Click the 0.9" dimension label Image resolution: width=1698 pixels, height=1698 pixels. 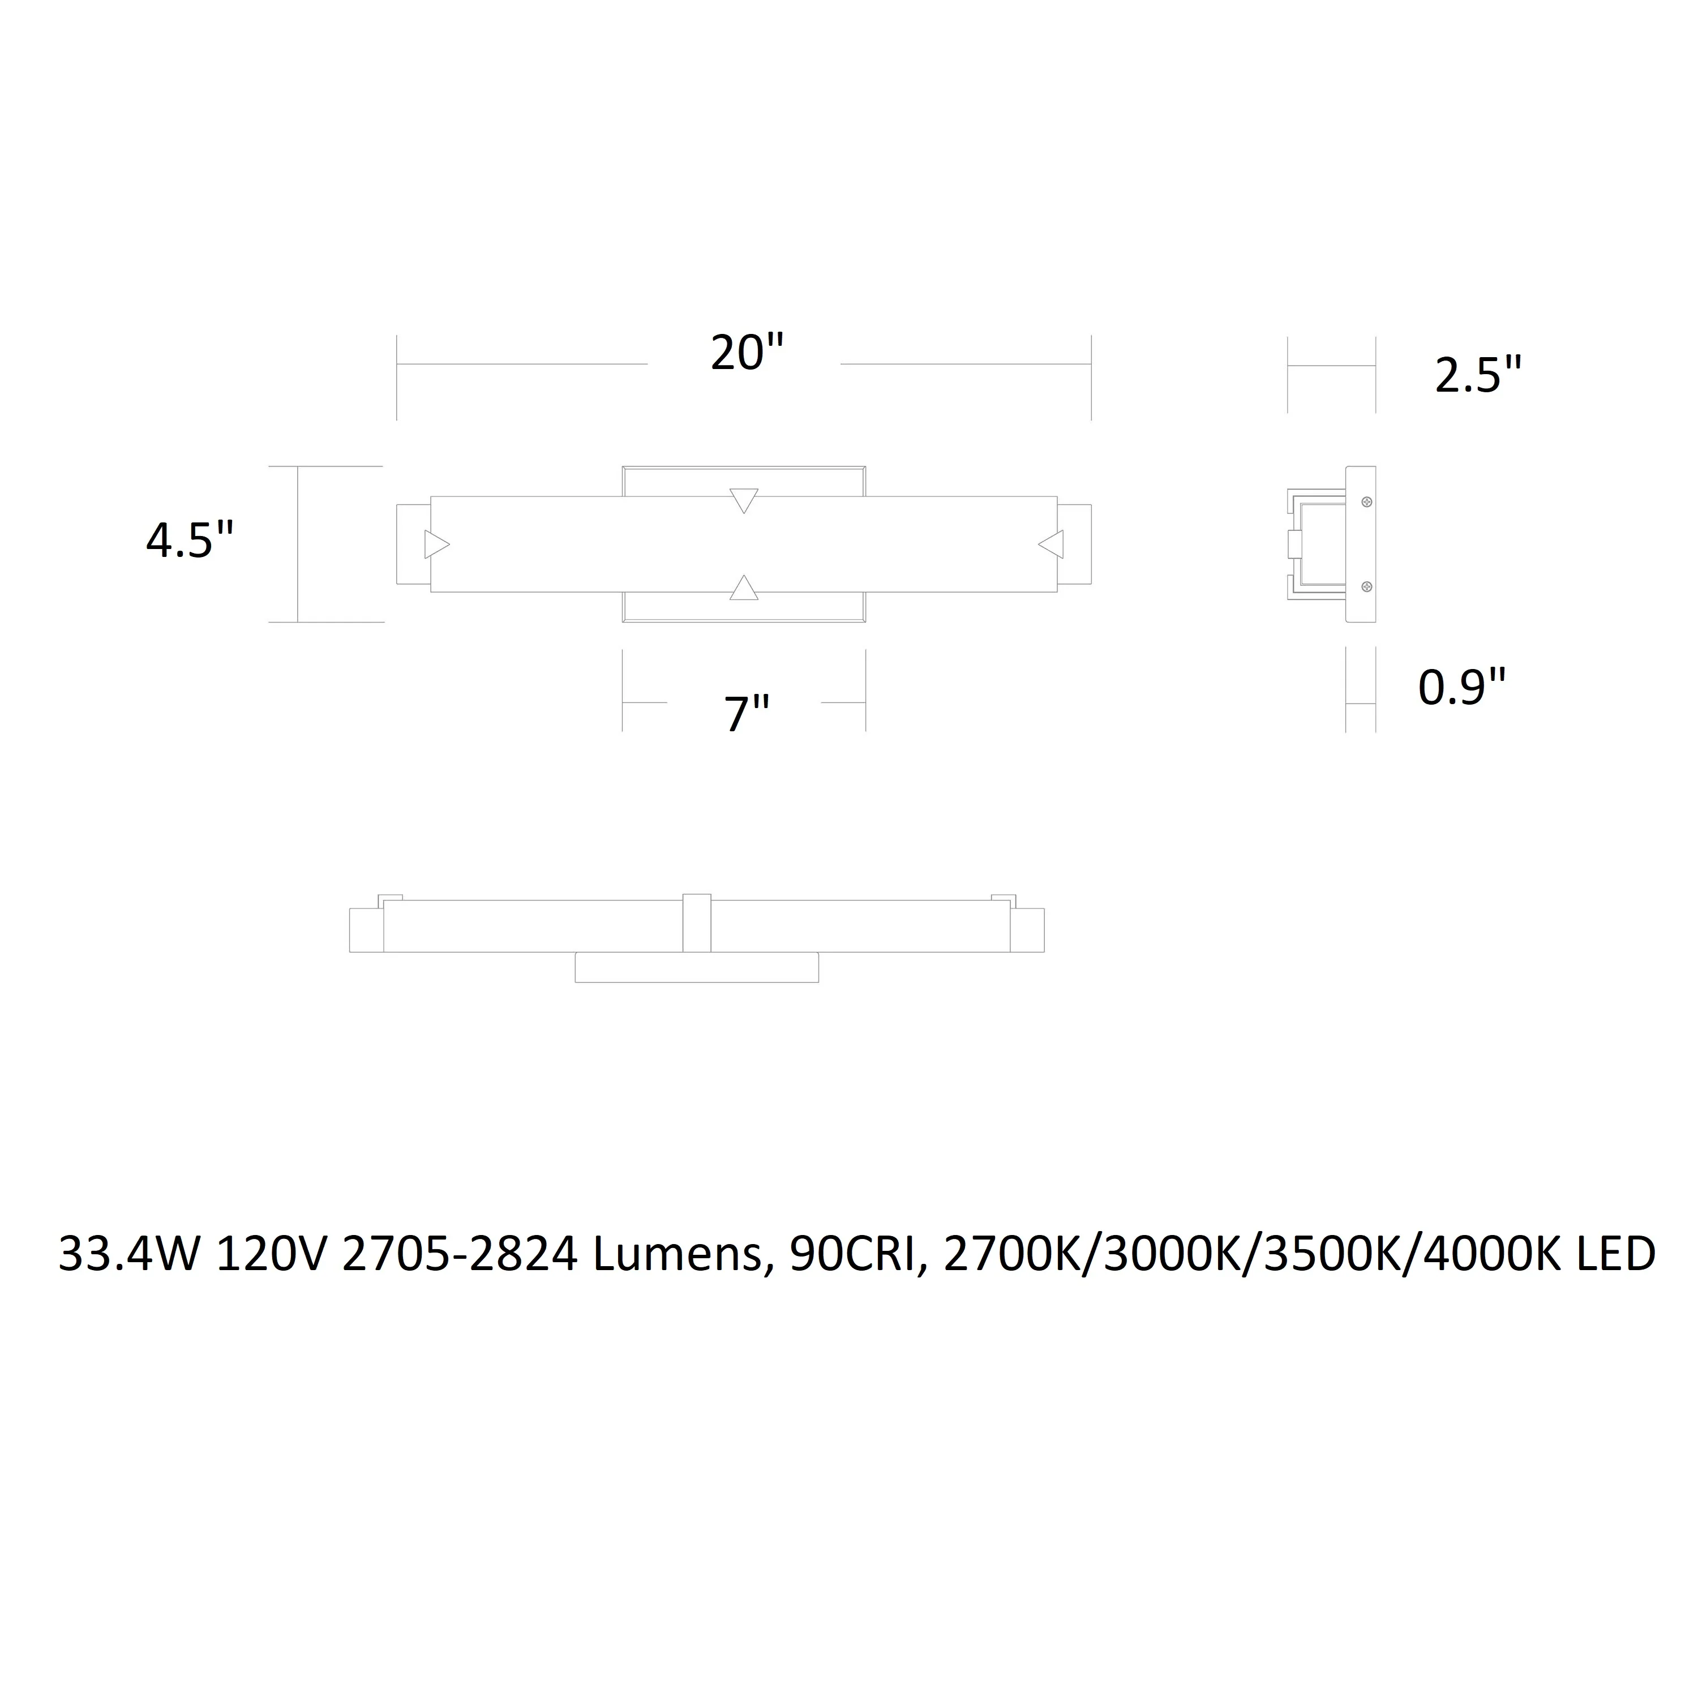pos(1463,687)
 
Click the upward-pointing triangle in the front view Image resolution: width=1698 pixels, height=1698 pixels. pos(744,588)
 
